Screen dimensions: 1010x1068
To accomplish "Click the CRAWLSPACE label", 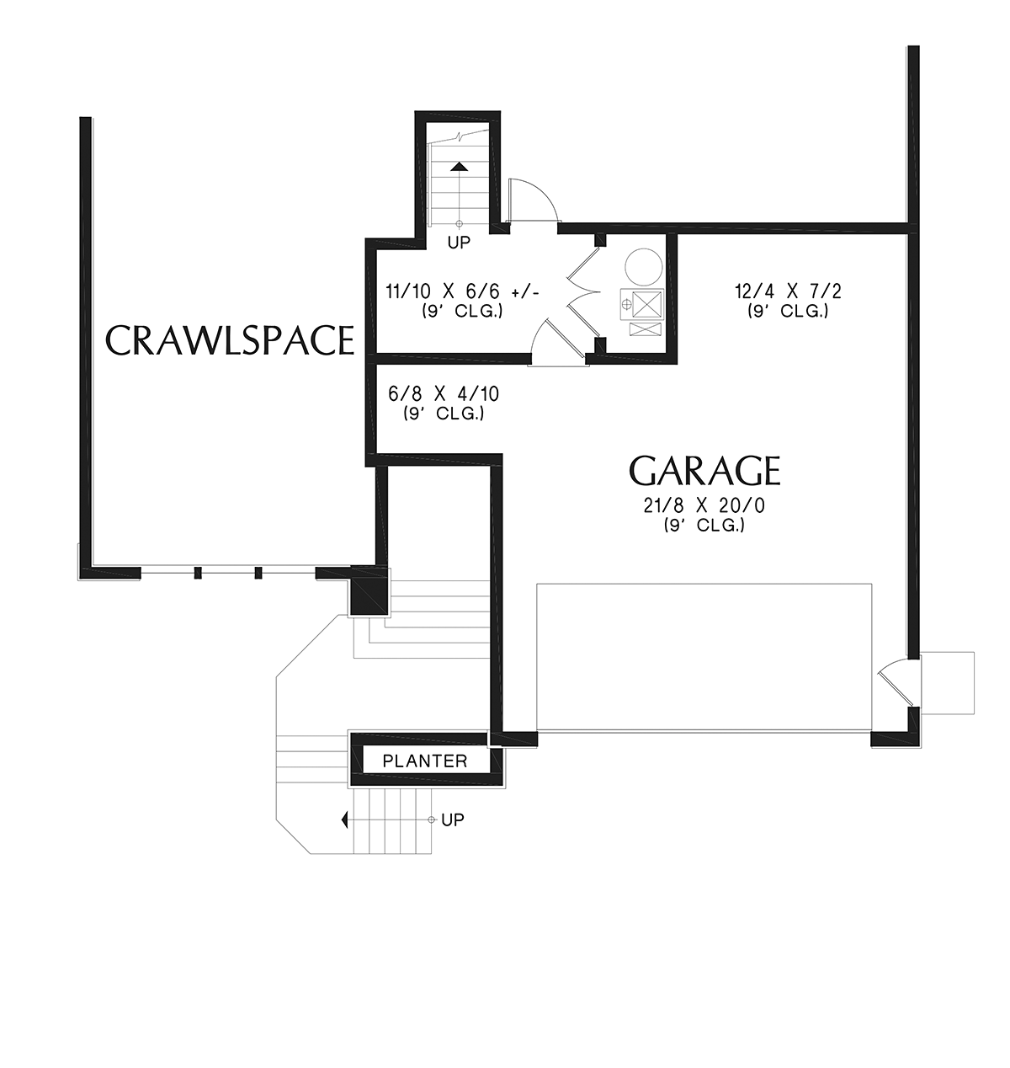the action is coord(229,340).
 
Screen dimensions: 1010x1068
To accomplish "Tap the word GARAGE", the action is coord(704,471).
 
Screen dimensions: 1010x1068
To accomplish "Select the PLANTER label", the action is coord(425,761).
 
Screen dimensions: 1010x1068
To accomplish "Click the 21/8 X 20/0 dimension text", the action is coord(704,505).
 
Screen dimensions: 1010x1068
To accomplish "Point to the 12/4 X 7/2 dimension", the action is coord(788,291).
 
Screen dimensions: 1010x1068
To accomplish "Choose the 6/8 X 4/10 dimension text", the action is coord(444,394).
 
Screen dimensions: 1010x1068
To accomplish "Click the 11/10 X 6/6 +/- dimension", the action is coord(462,291).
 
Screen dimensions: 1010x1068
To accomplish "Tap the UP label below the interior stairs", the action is coord(459,243).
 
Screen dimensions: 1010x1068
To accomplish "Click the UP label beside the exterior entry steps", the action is coord(453,820).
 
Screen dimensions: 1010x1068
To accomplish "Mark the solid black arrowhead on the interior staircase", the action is coord(460,166).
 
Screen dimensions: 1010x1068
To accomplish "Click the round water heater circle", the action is coord(644,267).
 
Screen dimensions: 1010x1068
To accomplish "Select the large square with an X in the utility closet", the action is coord(647,304).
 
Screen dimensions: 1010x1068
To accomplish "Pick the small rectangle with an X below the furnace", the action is coord(646,329).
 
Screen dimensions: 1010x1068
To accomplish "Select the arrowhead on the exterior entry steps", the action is coord(344,820).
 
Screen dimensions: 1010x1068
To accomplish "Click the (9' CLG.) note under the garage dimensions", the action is coord(704,526).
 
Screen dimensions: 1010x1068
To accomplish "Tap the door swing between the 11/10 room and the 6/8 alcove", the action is coord(549,337).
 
